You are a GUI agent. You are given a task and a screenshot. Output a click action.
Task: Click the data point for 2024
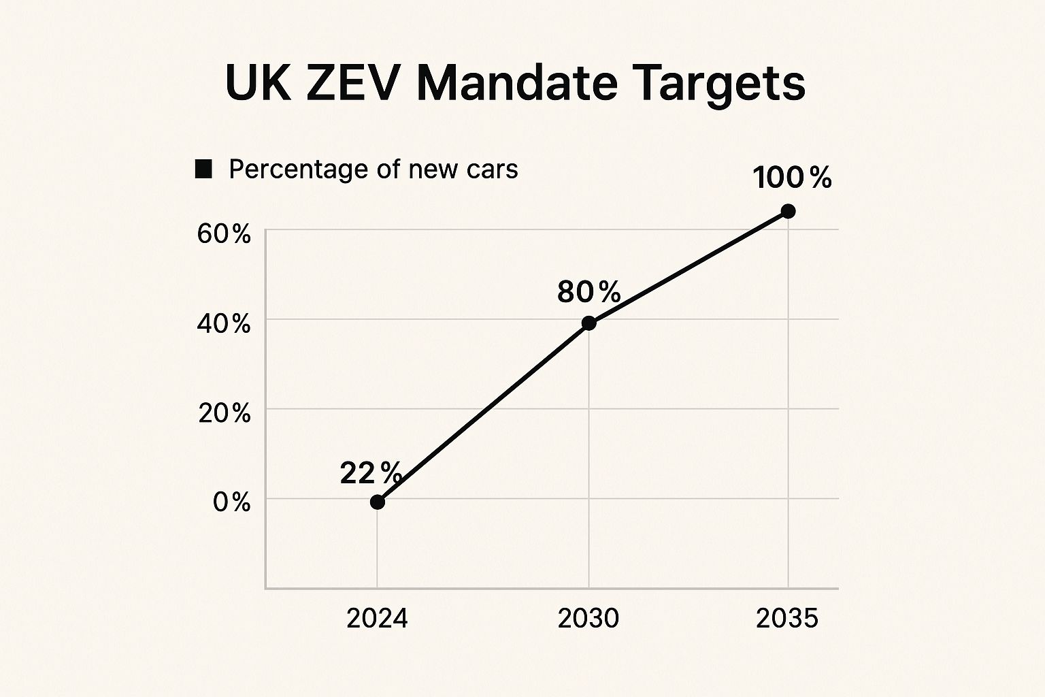click(x=378, y=502)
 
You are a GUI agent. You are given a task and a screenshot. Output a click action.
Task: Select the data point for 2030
click(x=589, y=323)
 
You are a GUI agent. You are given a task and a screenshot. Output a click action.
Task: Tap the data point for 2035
click(x=788, y=211)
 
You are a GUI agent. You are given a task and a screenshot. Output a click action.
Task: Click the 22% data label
click(x=371, y=472)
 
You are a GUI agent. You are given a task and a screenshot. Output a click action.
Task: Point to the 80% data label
click(x=588, y=292)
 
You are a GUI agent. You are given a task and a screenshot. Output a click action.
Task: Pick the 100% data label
click(x=792, y=178)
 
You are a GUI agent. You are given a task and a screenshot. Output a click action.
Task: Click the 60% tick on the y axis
click(x=224, y=234)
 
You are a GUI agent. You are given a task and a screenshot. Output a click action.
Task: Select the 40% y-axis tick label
click(x=224, y=324)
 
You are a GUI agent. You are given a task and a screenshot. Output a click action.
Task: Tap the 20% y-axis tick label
click(x=224, y=413)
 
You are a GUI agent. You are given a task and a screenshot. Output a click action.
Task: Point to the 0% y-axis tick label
click(x=231, y=502)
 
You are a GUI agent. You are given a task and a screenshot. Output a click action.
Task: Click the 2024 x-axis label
click(x=377, y=618)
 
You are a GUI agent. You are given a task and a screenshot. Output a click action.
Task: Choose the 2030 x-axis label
click(x=588, y=618)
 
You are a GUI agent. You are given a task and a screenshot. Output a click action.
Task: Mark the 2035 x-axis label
click(x=787, y=618)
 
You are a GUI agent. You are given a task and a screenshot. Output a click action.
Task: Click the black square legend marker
click(x=203, y=169)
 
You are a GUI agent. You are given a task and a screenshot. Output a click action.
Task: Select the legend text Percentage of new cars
click(x=373, y=169)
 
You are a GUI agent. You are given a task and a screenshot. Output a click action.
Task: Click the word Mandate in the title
click(x=517, y=83)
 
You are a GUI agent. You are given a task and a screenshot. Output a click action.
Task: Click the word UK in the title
click(x=258, y=83)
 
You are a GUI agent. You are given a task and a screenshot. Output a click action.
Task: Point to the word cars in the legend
click(x=492, y=169)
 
